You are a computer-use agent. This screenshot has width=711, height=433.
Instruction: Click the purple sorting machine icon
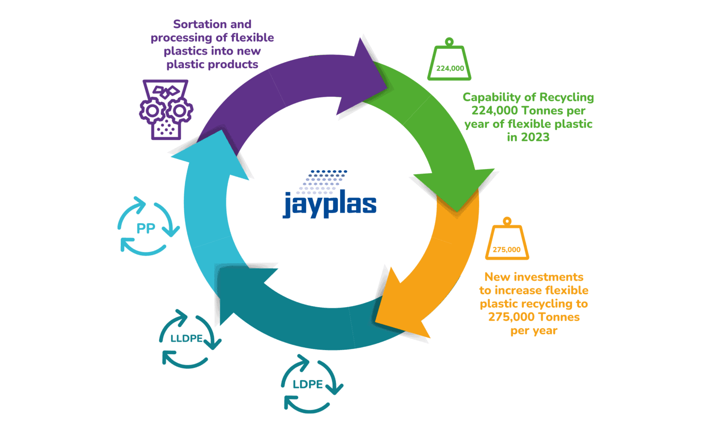166,110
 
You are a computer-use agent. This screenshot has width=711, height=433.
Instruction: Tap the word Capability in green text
491,97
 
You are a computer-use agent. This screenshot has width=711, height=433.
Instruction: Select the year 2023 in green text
535,138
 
